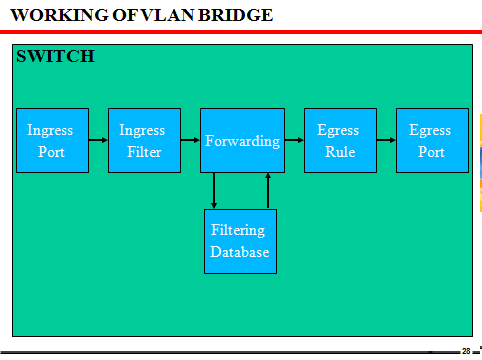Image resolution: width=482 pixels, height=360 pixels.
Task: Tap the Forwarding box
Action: click(x=242, y=141)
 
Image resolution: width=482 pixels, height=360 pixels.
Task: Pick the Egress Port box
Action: click(x=431, y=141)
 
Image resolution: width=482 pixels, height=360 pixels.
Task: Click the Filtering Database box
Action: click(x=240, y=241)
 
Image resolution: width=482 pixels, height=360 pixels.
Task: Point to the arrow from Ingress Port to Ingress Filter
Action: click(x=97, y=141)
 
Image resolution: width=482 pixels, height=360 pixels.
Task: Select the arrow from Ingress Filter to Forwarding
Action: click(x=189, y=141)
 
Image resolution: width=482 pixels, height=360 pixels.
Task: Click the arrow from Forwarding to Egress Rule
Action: click(x=293, y=141)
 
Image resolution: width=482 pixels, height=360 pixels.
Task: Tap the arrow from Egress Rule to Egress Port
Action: click(x=385, y=141)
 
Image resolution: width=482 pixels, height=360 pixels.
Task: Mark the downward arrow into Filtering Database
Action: click(x=214, y=191)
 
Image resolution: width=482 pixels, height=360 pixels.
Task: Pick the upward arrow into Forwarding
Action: click(x=268, y=191)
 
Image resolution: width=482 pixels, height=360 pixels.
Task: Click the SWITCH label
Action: click(x=55, y=56)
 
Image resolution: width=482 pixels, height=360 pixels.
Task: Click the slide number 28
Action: click(x=466, y=351)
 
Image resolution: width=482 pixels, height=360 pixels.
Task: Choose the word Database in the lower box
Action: click(x=240, y=252)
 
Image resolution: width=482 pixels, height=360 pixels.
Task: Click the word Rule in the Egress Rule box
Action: click(x=340, y=152)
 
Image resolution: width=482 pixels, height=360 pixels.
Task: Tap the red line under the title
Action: click(x=241, y=32)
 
